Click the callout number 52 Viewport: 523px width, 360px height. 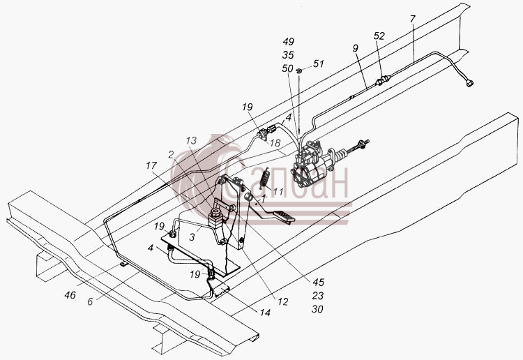(x=379, y=36)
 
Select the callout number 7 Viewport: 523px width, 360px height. (x=413, y=19)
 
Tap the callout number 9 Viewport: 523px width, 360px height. (x=355, y=48)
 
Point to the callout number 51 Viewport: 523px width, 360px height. (x=319, y=63)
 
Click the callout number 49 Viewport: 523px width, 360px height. (x=288, y=41)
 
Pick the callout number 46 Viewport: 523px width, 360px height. (x=70, y=295)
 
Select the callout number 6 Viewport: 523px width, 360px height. (x=90, y=301)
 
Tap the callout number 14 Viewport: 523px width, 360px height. (x=265, y=313)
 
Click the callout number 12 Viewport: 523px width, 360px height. (x=282, y=301)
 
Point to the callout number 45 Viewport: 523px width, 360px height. (x=318, y=283)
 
